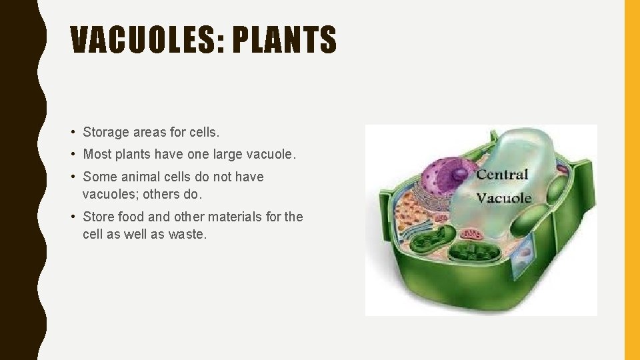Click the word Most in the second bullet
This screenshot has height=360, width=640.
point(97,154)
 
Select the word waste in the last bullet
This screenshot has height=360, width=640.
point(188,234)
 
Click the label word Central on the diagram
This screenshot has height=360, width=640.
point(502,175)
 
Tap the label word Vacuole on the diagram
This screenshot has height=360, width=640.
point(504,197)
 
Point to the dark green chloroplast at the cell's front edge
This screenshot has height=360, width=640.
point(471,253)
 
